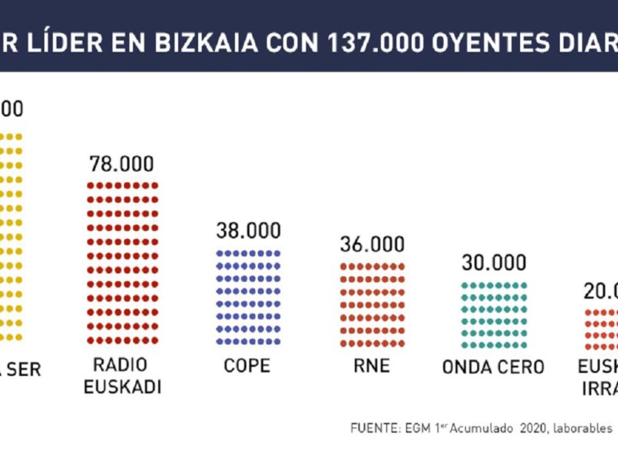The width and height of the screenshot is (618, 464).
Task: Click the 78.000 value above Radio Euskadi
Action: coord(122,164)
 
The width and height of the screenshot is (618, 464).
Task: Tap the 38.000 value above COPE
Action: coord(248,231)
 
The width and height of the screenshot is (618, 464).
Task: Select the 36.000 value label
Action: coord(372,244)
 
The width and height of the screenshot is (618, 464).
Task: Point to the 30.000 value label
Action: coord(494,262)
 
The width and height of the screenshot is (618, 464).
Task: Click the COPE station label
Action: coord(247,366)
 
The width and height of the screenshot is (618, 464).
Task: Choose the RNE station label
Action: coord(372,366)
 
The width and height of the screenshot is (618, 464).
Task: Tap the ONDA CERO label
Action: coord(493,367)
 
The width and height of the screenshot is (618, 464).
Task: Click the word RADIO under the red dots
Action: coord(120,364)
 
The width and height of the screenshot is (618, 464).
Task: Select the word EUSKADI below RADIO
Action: coord(123,387)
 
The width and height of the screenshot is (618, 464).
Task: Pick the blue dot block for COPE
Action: coord(249,297)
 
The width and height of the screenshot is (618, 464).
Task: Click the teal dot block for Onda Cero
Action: coord(494,315)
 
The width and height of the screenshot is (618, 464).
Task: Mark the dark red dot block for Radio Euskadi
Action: coord(123,262)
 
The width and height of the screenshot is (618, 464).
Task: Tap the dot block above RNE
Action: coord(372,305)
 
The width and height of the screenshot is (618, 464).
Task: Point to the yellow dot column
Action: coord(11,237)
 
